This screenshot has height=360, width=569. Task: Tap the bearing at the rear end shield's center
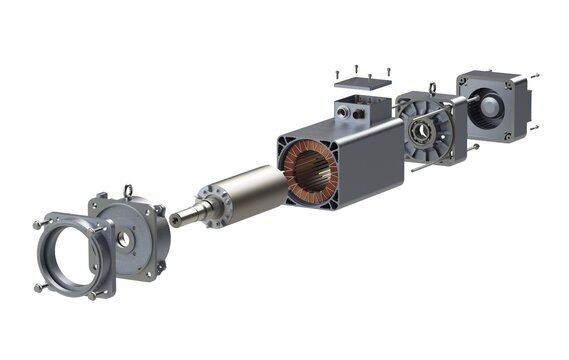420,130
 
